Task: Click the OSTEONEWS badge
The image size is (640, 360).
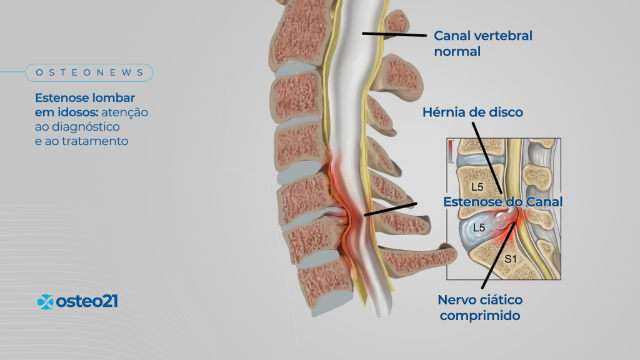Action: pyautogui.click(x=89, y=72)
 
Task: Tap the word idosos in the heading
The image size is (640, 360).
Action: pyautogui.click(x=78, y=112)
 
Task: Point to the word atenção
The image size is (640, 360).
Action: pyautogui.click(x=124, y=112)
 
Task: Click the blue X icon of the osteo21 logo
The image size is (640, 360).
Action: pyautogui.click(x=45, y=302)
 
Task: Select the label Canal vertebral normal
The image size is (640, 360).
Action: pyautogui.click(x=483, y=44)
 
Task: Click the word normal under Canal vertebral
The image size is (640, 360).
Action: pyautogui.click(x=457, y=52)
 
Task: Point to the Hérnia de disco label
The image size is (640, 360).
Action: pyautogui.click(x=472, y=112)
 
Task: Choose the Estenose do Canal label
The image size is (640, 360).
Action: pyautogui.click(x=503, y=202)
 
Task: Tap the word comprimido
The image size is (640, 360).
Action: pyautogui.click(x=480, y=316)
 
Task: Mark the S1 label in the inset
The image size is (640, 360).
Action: pyautogui.click(x=511, y=259)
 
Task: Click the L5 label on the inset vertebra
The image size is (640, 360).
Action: pyautogui.click(x=477, y=187)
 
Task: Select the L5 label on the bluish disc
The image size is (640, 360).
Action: pyautogui.click(x=479, y=227)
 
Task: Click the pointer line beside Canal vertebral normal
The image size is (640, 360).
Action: pyautogui.click(x=394, y=34)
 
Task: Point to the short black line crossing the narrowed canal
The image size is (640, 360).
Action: pyautogui.click(x=391, y=209)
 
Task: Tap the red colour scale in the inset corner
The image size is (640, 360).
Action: pyautogui.click(x=451, y=151)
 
